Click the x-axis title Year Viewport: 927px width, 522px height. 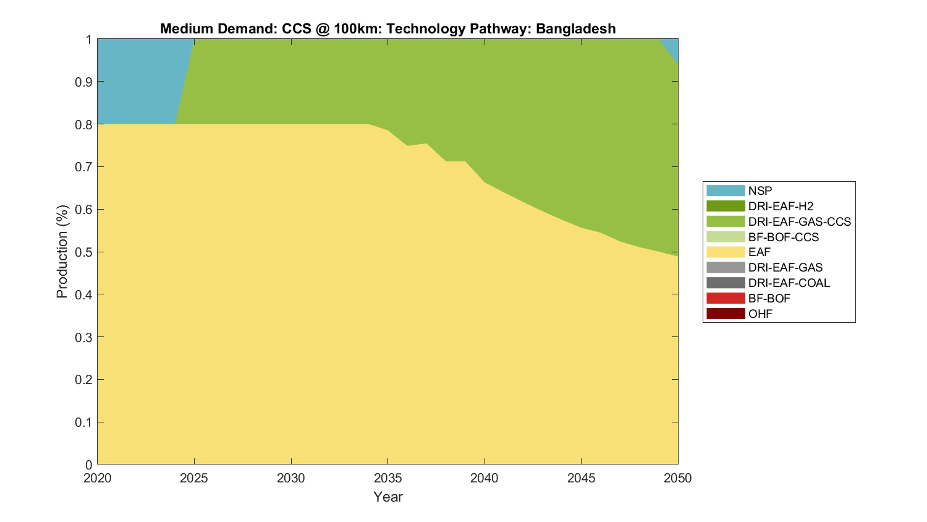pyautogui.click(x=387, y=497)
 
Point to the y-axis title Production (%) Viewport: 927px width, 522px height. pyautogui.click(x=62, y=252)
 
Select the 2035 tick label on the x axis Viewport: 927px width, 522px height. pyautogui.click(x=387, y=478)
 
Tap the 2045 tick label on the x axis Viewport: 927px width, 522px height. pyautogui.click(x=581, y=478)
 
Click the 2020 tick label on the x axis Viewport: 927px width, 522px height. pyautogui.click(x=98, y=478)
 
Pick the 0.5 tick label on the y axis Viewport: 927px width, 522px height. pyautogui.click(x=84, y=252)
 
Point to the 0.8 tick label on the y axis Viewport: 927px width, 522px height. pyautogui.click(x=84, y=124)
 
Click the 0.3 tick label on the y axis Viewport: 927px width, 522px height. pyautogui.click(x=84, y=337)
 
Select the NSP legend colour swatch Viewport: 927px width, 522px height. pyautogui.click(x=726, y=190)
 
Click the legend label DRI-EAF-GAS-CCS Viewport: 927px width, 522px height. pyautogui.click(x=799, y=221)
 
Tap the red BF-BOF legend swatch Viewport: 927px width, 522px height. pyautogui.click(x=726, y=298)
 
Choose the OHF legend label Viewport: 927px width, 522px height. pyautogui.click(x=760, y=314)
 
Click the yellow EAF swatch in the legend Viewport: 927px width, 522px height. pyautogui.click(x=726, y=252)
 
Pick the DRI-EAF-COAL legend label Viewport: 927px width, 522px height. pyautogui.click(x=789, y=283)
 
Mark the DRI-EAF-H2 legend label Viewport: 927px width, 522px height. pyautogui.click(x=781, y=206)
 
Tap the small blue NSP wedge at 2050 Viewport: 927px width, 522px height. pyautogui.click(x=674, y=49)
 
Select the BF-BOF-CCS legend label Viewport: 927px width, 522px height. pyautogui.click(x=783, y=237)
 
